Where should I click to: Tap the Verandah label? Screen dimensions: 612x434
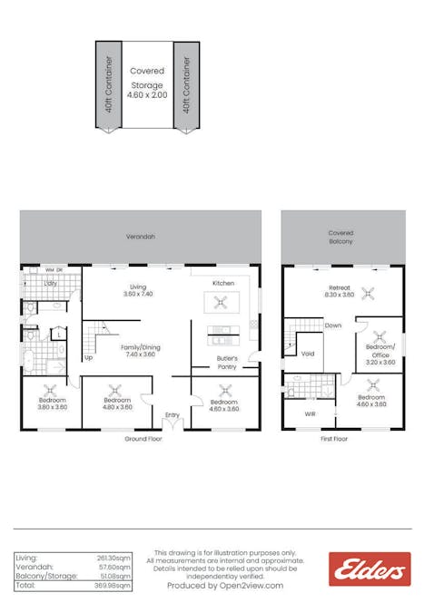pyautogui.click(x=141, y=237)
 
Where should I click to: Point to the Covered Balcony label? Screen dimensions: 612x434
pyautogui.click(x=340, y=238)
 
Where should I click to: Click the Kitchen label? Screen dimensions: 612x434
pyautogui.click(x=223, y=283)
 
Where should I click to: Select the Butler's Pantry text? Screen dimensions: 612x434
pyautogui.click(x=226, y=363)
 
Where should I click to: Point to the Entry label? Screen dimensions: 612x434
pyautogui.click(x=172, y=415)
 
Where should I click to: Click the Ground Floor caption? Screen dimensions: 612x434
pyautogui.click(x=143, y=438)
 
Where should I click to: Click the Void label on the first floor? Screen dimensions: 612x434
pyautogui.click(x=308, y=354)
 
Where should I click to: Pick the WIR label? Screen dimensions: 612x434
pyautogui.click(x=311, y=413)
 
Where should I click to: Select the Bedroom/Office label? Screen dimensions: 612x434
pyautogui.click(x=380, y=352)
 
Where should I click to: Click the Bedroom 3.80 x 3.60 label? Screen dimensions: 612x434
pyautogui.click(x=52, y=403)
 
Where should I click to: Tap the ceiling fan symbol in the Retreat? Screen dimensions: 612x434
pyautogui.click(x=368, y=292)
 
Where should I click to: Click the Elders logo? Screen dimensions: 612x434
pyautogui.click(x=369, y=568)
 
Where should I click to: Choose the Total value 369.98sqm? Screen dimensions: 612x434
pyautogui.click(x=113, y=587)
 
